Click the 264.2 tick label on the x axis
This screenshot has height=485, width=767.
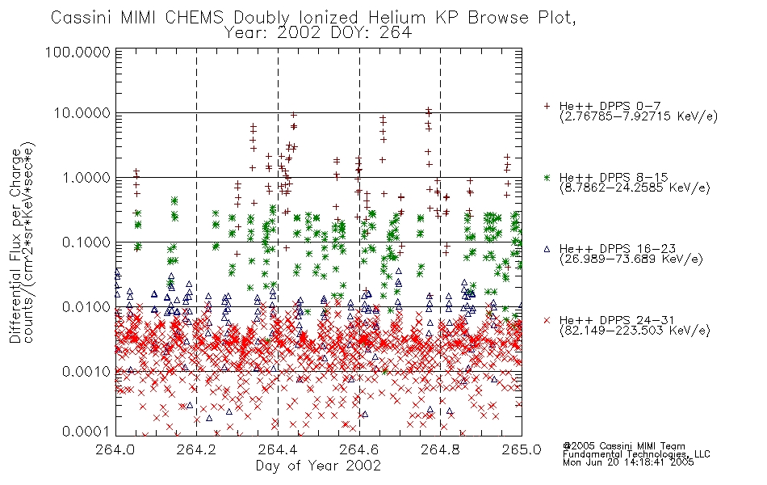coord(197,449)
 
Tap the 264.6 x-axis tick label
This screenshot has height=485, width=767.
coord(359,449)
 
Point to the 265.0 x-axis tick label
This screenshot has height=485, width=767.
coord(522,449)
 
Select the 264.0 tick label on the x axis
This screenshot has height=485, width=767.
coord(115,449)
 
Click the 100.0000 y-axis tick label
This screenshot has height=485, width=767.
coord(78,52)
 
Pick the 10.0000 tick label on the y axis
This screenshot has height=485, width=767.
coord(82,113)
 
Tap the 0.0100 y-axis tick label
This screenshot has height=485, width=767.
coord(86,307)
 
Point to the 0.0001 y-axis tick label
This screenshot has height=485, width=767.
coord(86,432)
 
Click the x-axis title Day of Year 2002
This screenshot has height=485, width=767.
coord(318,466)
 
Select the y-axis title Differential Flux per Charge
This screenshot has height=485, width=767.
coord(15,246)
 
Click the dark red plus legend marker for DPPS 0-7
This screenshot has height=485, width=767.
coord(547,106)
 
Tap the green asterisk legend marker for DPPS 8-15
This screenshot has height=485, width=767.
coord(547,177)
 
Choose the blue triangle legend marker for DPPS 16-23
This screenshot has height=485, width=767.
coord(547,249)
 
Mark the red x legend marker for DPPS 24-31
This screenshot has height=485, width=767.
coord(547,320)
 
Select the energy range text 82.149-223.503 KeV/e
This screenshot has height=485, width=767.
coord(635,331)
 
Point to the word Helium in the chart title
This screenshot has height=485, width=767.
coord(396,18)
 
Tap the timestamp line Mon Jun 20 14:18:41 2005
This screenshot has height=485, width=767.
coord(628,462)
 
